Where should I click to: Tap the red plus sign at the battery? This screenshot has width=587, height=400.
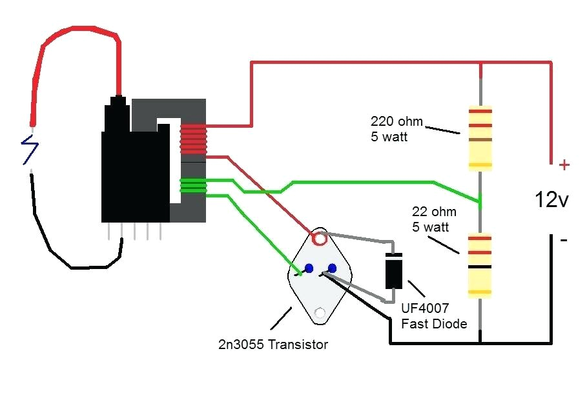564,165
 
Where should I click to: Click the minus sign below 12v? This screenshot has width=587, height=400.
564,240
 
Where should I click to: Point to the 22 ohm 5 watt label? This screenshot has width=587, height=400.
434,219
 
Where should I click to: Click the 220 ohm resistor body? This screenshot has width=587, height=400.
480,137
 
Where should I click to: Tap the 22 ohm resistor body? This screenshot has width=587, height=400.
480,265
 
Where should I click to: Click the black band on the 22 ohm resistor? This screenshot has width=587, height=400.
480,266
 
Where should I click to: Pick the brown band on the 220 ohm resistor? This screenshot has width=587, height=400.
480,139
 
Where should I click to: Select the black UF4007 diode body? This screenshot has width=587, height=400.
394,271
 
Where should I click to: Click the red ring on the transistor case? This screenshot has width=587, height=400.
319,239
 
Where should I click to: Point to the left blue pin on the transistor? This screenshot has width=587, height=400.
309,268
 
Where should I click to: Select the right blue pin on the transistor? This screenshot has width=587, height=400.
332,268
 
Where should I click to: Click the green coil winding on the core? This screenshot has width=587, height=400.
193,186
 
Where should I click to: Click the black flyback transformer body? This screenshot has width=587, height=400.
132,174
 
